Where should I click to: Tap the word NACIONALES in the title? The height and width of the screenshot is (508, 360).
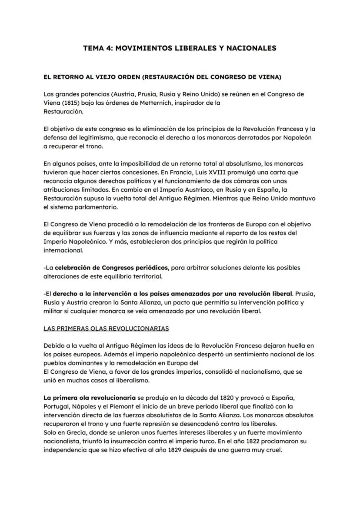tap(252, 48)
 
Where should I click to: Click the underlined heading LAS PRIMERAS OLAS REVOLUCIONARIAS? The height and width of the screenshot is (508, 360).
tap(107, 328)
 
